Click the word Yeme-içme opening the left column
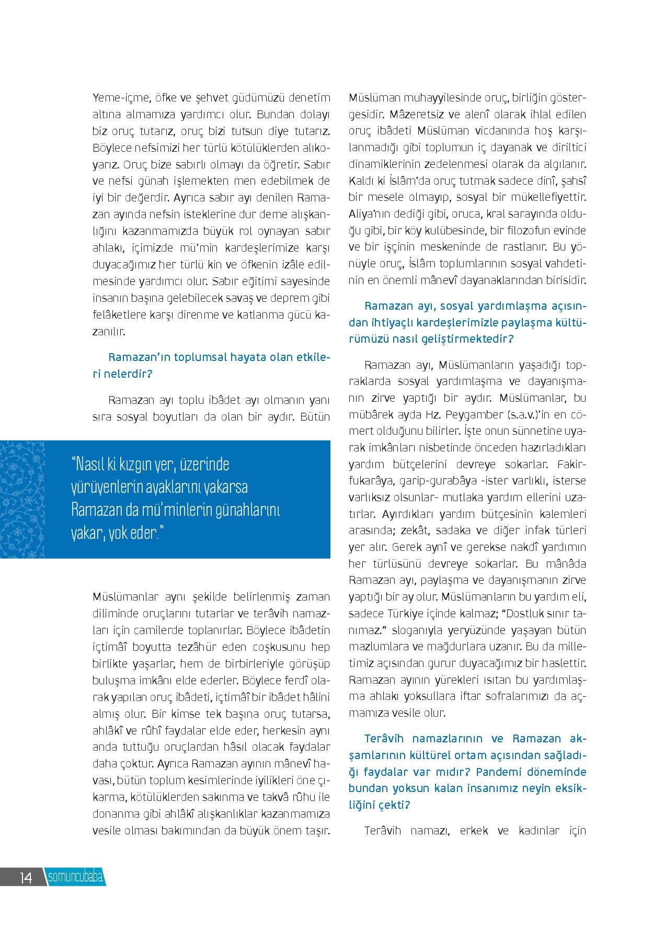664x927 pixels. point(117,98)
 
